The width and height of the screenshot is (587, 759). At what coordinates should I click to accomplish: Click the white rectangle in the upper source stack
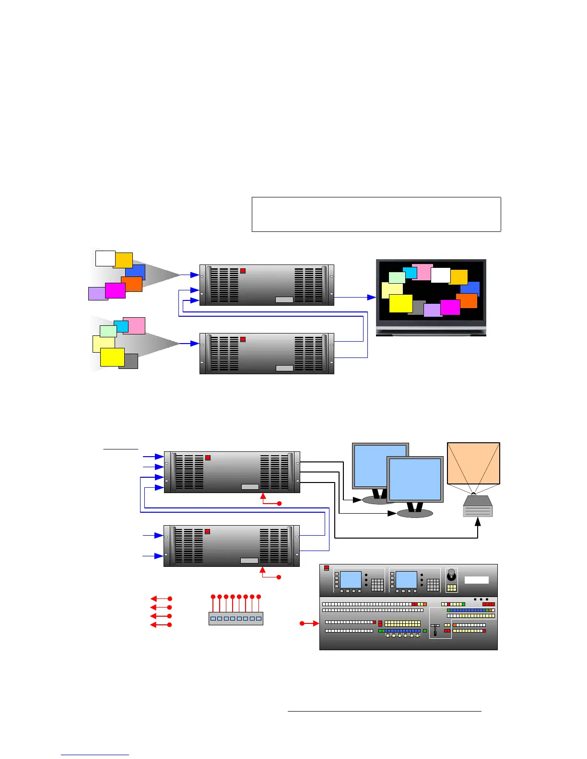coord(105,258)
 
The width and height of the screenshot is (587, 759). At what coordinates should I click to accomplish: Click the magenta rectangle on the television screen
coord(450,307)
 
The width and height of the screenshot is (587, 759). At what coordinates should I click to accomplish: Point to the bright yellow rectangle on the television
coord(400,303)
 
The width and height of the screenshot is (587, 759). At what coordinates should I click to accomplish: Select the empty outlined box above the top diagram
coord(376,214)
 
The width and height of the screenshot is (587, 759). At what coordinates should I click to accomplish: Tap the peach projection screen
coord(473,463)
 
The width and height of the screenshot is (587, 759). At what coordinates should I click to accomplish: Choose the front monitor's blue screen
coord(415,480)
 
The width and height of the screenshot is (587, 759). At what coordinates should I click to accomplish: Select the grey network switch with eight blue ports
coord(236,618)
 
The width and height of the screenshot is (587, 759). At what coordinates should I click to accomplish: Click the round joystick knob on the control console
coord(451,575)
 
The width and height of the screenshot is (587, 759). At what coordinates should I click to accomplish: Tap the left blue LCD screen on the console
coord(351,579)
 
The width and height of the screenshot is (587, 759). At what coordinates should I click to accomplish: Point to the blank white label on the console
coord(477,580)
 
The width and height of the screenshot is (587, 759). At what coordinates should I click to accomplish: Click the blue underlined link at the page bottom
coord(95,755)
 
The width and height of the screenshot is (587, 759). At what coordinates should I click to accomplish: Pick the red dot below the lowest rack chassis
coord(279,576)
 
